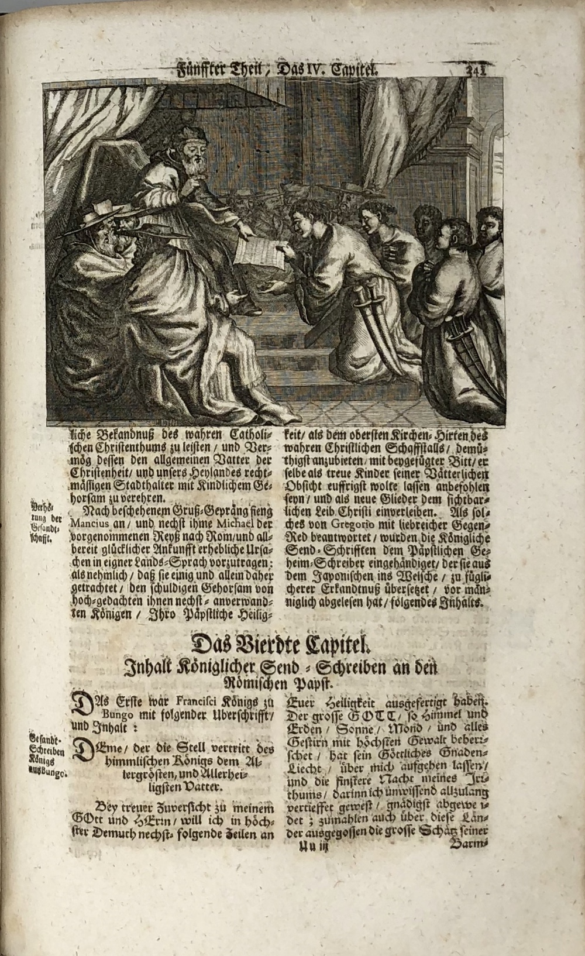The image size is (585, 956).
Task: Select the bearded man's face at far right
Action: [x=490, y=229]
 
